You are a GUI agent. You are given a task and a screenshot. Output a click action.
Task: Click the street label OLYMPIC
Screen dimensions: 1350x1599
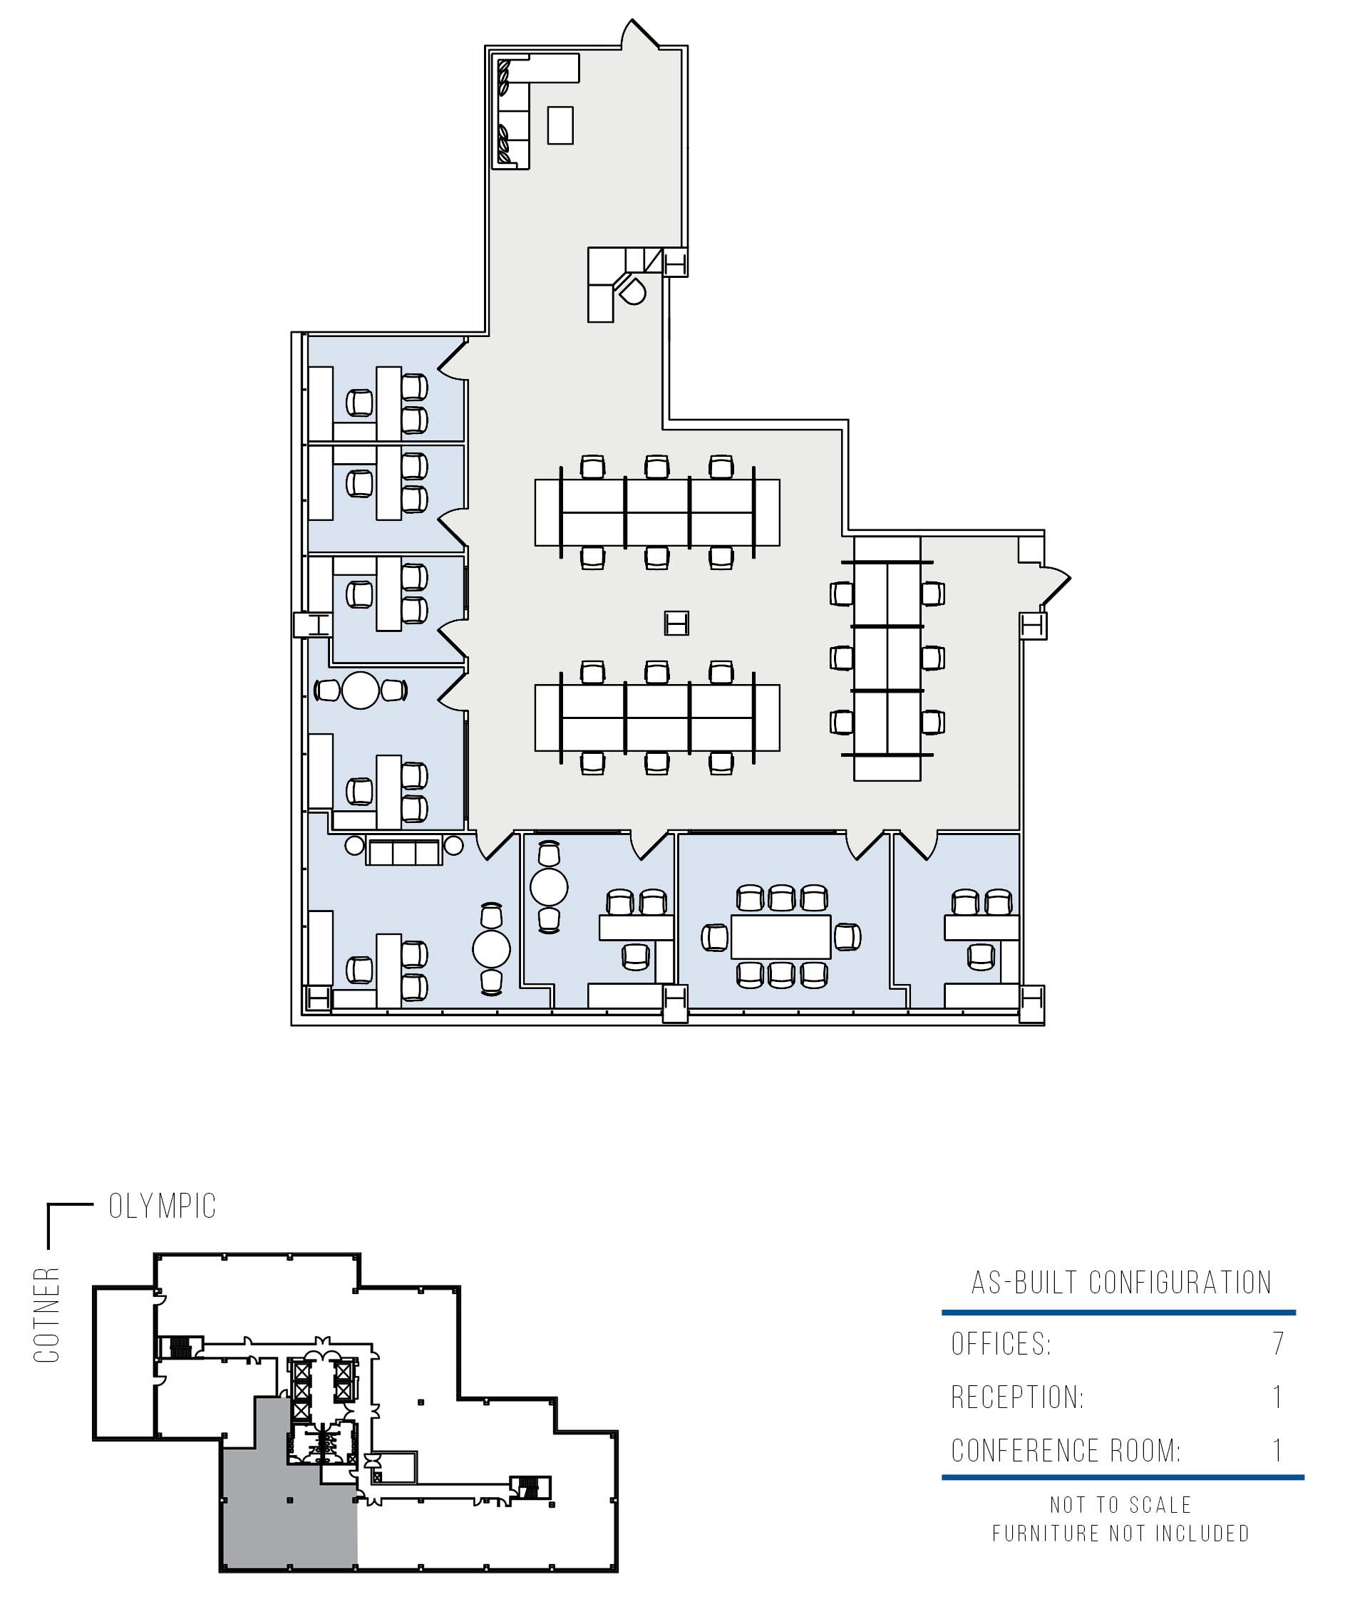click(163, 1206)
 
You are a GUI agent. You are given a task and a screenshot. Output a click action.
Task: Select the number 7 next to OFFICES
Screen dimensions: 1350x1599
click(1278, 1343)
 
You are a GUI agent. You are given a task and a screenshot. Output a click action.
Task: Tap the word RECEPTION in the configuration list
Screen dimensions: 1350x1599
click(1017, 1397)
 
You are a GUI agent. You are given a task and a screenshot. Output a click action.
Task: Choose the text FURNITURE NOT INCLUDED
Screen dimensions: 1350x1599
click(1121, 1533)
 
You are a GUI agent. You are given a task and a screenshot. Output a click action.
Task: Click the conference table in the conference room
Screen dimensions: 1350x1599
click(780, 936)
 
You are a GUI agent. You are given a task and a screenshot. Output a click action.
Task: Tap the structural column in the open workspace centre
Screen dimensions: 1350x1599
click(676, 623)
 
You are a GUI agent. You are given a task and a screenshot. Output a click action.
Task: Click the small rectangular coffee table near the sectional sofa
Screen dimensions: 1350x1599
click(560, 125)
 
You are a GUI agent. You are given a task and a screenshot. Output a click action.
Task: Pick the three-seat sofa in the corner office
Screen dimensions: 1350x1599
click(404, 852)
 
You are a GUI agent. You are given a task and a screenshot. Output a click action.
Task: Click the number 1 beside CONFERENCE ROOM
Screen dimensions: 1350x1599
click(1277, 1451)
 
